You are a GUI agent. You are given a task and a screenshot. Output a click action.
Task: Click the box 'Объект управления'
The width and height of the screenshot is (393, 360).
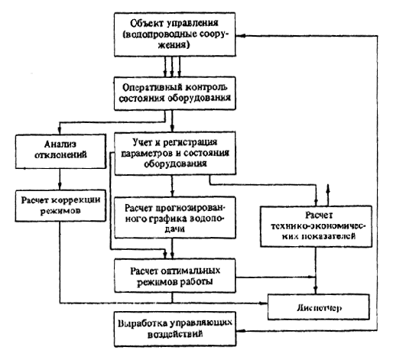click(x=174, y=34)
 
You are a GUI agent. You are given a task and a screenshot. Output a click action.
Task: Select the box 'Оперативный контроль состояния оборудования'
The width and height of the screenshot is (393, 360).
click(x=174, y=93)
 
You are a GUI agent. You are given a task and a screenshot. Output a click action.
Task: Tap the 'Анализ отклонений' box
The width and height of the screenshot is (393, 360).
click(x=60, y=151)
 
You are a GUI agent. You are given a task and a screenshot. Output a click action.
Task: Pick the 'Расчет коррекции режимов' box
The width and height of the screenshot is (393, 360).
click(x=60, y=206)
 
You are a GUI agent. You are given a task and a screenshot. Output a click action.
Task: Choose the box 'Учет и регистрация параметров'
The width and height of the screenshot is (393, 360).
click(x=175, y=153)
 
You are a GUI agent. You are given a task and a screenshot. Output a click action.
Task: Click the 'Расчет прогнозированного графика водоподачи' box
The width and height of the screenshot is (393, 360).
click(x=175, y=218)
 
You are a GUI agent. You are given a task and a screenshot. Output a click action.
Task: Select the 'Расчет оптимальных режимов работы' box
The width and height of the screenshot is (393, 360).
click(x=175, y=276)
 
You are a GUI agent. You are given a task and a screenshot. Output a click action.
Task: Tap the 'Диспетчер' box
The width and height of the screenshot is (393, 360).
click(x=318, y=307)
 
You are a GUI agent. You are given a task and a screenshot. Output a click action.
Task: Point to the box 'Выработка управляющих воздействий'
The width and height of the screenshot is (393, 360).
click(x=175, y=329)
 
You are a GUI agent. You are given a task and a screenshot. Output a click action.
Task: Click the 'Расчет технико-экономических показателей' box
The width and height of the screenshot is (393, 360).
click(x=316, y=226)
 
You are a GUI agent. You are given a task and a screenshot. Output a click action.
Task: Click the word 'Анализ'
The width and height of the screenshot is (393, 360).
click(x=60, y=144)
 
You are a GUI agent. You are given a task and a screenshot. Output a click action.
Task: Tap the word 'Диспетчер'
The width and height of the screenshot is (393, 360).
click(x=319, y=308)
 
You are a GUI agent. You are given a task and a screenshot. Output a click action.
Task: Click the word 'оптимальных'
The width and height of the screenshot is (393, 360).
click(x=190, y=271)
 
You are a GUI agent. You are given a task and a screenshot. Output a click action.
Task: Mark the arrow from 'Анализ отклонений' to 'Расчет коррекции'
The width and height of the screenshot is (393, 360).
click(x=60, y=179)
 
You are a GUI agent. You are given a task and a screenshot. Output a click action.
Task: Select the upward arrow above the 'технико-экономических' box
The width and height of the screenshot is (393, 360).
click(x=328, y=195)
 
